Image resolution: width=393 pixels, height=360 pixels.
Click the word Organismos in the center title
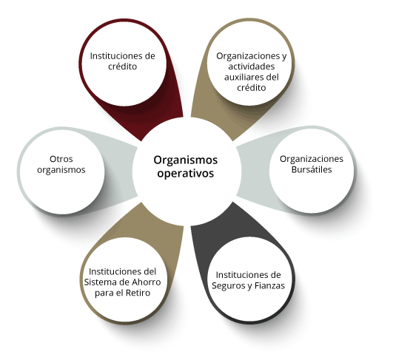pyautogui.click(x=186, y=160)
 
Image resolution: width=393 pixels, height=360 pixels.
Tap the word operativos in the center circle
pyautogui.click(x=186, y=174)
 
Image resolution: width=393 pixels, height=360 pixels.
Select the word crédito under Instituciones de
pyautogui.click(x=123, y=67)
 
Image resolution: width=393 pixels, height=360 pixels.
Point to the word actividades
pyautogui.click(x=252, y=67)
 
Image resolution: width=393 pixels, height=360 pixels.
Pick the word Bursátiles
pyautogui.click(x=312, y=170)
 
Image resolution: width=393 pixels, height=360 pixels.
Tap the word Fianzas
pyautogui.click(x=269, y=285)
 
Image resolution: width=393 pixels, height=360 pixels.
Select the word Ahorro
pyautogui.click(x=147, y=282)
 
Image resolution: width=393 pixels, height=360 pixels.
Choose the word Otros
pyautogui.click(x=61, y=159)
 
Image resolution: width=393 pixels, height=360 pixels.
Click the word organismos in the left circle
pyautogui.click(x=61, y=170)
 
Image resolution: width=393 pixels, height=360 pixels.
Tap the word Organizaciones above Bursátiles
pyautogui.click(x=312, y=159)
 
